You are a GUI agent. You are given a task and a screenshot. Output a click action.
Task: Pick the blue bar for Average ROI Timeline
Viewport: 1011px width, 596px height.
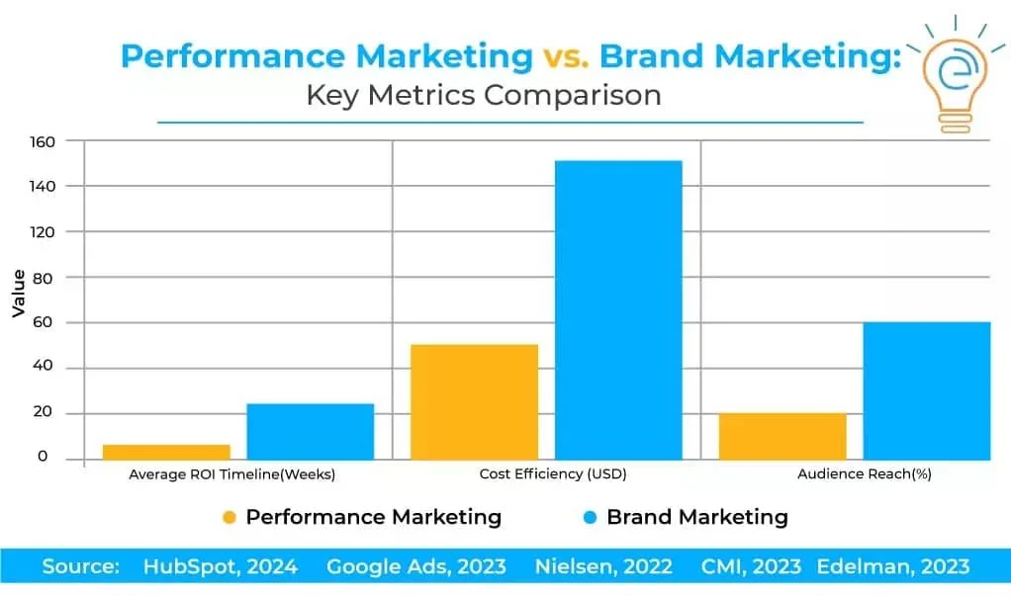(x=311, y=431)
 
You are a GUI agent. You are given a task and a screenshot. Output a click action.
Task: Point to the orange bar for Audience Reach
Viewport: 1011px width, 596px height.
(x=782, y=436)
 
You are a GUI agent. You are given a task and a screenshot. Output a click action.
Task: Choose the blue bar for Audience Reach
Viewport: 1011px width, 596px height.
(x=927, y=390)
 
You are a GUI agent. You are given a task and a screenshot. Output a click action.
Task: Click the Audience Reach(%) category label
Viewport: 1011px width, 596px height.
(x=865, y=474)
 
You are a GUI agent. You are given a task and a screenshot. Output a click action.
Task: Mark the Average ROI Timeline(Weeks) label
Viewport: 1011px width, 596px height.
(x=232, y=474)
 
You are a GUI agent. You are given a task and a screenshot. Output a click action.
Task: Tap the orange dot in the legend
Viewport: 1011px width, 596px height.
(x=230, y=517)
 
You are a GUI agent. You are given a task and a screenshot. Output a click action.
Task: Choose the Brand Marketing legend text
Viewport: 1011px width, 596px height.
(x=696, y=517)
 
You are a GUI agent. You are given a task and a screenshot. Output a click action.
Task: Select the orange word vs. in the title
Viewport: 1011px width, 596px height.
(x=566, y=56)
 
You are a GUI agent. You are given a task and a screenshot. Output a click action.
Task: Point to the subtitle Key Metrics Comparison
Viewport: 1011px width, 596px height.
(x=483, y=96)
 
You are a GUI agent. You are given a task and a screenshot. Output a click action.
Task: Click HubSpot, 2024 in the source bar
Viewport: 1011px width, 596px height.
(x=219, y=566)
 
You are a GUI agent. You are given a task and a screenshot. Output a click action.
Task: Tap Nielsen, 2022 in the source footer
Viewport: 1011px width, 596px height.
(x=603, y=566)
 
